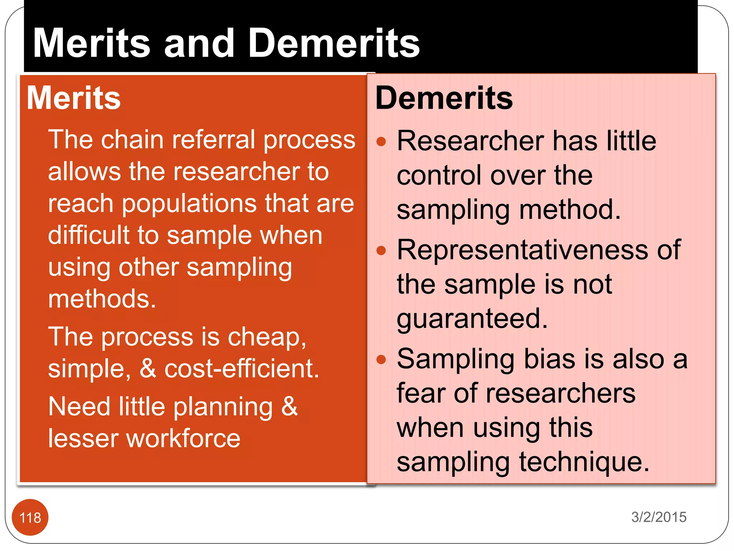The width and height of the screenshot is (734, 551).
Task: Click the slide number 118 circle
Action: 30,517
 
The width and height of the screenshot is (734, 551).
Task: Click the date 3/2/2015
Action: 659,517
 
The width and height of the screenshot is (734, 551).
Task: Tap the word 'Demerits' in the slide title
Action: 334,43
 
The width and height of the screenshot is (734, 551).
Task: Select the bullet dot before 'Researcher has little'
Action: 381,141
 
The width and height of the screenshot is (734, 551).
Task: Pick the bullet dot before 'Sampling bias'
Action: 381,359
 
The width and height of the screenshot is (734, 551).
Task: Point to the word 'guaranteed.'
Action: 472,319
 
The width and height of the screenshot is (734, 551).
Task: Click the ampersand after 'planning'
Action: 289,406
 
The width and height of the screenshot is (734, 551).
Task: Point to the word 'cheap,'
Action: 267,337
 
